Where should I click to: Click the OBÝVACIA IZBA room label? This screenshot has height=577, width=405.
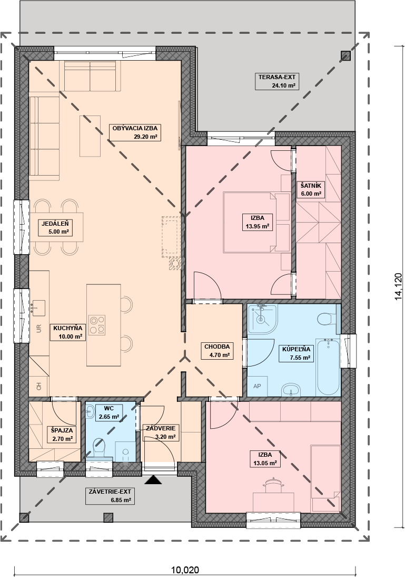click(135, 132)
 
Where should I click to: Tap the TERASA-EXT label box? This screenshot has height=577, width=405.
click(276, 81)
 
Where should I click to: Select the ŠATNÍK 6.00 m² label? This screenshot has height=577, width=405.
click(311, 189)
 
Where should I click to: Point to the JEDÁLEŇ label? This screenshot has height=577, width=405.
click(55, 227)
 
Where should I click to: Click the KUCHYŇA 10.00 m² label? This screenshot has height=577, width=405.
click(67, 332)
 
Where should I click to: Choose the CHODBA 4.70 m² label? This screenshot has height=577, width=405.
click(217, 351)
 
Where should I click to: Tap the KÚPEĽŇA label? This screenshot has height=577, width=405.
click(296, 353)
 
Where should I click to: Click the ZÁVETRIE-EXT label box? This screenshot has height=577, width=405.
click(110, 496)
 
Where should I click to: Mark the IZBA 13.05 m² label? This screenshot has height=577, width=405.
click(265, 459)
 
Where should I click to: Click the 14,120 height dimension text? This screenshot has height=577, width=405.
click(398, 287)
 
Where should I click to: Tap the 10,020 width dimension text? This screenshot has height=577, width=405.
click(185, 571)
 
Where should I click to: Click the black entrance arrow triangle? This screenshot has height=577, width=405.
click(153, 480)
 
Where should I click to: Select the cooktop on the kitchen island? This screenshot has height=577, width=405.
click(97, 325)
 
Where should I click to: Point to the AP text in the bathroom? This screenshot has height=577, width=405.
click(257, 386)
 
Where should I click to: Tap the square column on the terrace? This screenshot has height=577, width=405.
click(345, 55)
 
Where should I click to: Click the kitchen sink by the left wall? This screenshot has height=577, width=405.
click(38, 308)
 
